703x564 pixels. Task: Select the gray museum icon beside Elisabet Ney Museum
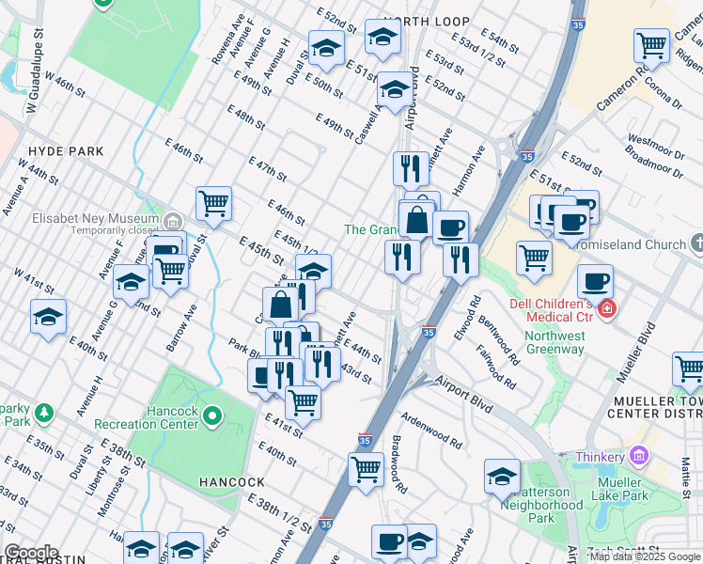point(172,222)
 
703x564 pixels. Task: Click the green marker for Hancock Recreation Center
point(212,415)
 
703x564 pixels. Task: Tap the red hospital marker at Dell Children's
point(608,307)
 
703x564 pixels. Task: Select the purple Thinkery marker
point(640,456)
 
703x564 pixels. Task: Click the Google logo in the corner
point(30,552)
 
